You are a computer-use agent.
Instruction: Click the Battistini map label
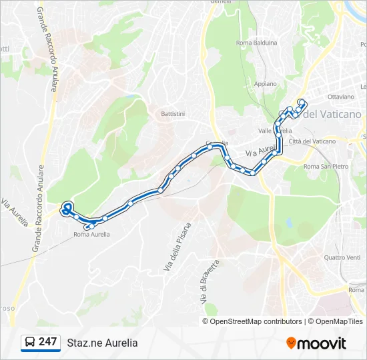tap(172, 114)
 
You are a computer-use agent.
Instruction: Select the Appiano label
tap(265, 84)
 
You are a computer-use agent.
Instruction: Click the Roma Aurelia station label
tap(91, 235)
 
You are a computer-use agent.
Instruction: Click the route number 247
tap(47, 342)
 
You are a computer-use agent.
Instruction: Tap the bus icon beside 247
tap(30, 343)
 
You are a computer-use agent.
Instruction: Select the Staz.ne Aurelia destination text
tap(102, 343)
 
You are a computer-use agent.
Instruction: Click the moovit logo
tap(316, 343)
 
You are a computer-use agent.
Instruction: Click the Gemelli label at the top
tap(220, 2)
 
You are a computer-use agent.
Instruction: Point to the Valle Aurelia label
tap(280, 131)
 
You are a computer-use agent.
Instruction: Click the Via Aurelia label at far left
tap(15, 212)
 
